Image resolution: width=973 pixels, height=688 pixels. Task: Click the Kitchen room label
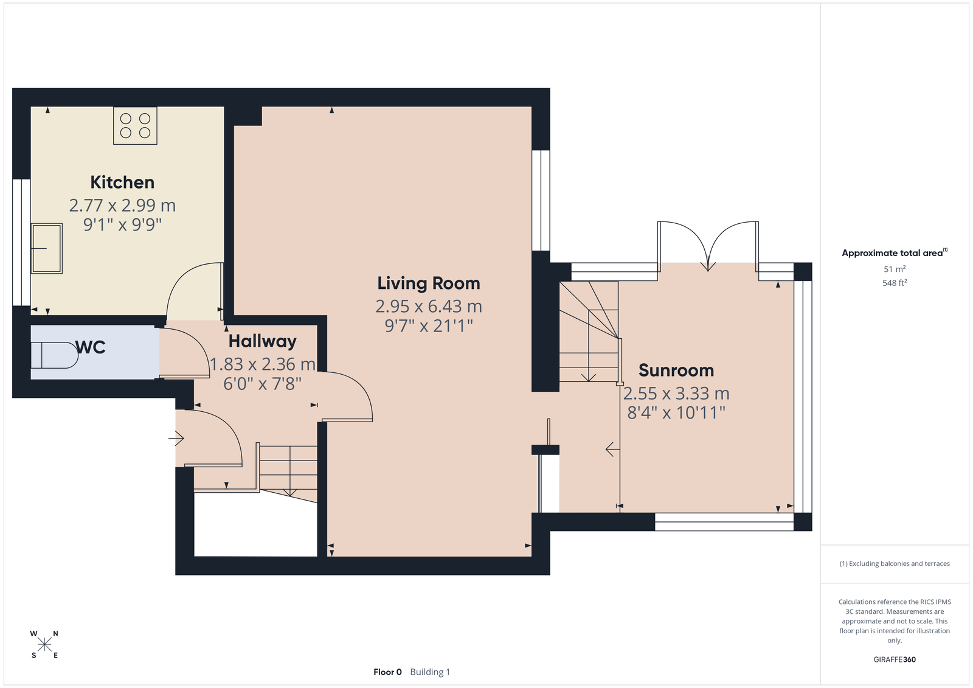pos(122,182)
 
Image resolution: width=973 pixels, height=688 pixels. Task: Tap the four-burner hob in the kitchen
pos(135,125)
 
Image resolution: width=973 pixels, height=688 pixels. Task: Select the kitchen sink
pos(46,248)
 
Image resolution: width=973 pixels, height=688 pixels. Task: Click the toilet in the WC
pos(54,355)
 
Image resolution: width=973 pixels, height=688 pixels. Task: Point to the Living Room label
pos(429,283)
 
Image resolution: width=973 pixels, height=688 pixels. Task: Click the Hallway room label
pos(262,342)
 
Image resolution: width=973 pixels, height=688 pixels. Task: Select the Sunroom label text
pos(676,370)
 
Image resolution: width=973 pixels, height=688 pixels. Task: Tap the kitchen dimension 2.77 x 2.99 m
pos(122,205)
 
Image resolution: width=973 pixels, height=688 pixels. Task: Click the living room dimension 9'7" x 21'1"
pos(429,325)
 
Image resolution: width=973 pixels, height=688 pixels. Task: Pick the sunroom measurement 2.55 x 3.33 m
pos(676,394)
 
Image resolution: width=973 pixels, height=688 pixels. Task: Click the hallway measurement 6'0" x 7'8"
pos(262,384)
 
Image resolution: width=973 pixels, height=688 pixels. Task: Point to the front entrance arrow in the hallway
pos(176,438)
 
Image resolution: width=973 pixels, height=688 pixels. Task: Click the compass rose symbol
pos(44,644)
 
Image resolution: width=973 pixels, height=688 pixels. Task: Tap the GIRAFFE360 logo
pos(895,659)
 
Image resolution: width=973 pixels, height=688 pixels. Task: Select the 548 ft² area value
pos(895,283)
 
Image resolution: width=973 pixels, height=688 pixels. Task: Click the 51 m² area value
pos(895,269)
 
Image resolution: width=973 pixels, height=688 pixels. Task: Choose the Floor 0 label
pos(387,672)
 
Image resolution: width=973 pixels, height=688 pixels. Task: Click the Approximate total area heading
pos(895,253)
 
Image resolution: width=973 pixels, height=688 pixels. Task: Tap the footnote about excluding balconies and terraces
pos(895,564)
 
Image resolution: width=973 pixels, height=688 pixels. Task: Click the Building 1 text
pos(430,672)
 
